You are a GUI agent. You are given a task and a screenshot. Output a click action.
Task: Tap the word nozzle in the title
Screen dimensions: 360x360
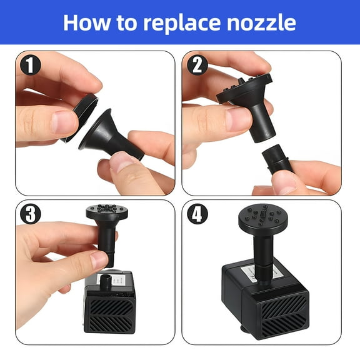pyautogui.click(x=261, y=22)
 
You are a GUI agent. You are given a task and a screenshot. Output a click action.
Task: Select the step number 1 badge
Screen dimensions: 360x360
pyautogui.click(x=30, y=65)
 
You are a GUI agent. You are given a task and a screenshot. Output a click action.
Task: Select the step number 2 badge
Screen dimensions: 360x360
pyautogui.click(x=197, y=65)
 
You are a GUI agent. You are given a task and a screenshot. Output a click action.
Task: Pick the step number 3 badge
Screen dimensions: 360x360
pyautogui.click(x=30, y=214)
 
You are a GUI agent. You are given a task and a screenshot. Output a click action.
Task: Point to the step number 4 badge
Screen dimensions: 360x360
pyautogui.click(x=197, y=214)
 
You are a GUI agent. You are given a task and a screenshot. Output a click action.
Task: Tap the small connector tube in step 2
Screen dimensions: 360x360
pyautogui.click(x=277, y=159)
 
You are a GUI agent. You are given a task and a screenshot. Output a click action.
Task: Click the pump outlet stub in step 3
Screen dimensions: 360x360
pyautogui.click(x=106, y=282)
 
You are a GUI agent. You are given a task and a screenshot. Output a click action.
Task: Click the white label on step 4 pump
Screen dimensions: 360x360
pyautogui.click(x=259, y=271)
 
